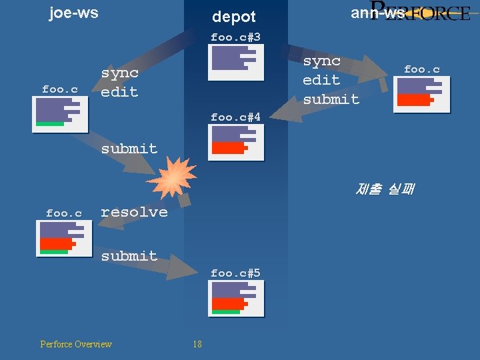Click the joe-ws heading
pyautogui.click(x=73, y=13)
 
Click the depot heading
pyautogui.click(x=233, y=17)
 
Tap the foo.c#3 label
pyautogui.click(x=235, y=37)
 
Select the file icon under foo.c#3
pyautogui.click(x=236, y=57)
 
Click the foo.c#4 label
pyautogui.click(x=235, y=117)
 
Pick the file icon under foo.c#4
pyautogui.click(x=236, y=142)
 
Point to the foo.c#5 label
pyautogui.click(x=235, y=273)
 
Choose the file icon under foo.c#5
pyautogui.click(x=236, y=298)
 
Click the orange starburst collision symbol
pyautogui.click(x=172, y=178)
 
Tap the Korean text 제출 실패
pyautogui.click(x=385, y=189)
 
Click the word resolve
pyautogui.click(x=134, y=212)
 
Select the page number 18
pyautogui.click(x=197, y=344)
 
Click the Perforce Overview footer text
pyautogui.click(x=76, y=344)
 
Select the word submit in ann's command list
pyautogui.click(x=331, y=99)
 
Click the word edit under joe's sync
pyautogui.click(x=119, y=92)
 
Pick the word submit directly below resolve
pyautogui.click(x=129, y=256)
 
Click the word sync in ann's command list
pyautogui.click(x=322, y=61)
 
